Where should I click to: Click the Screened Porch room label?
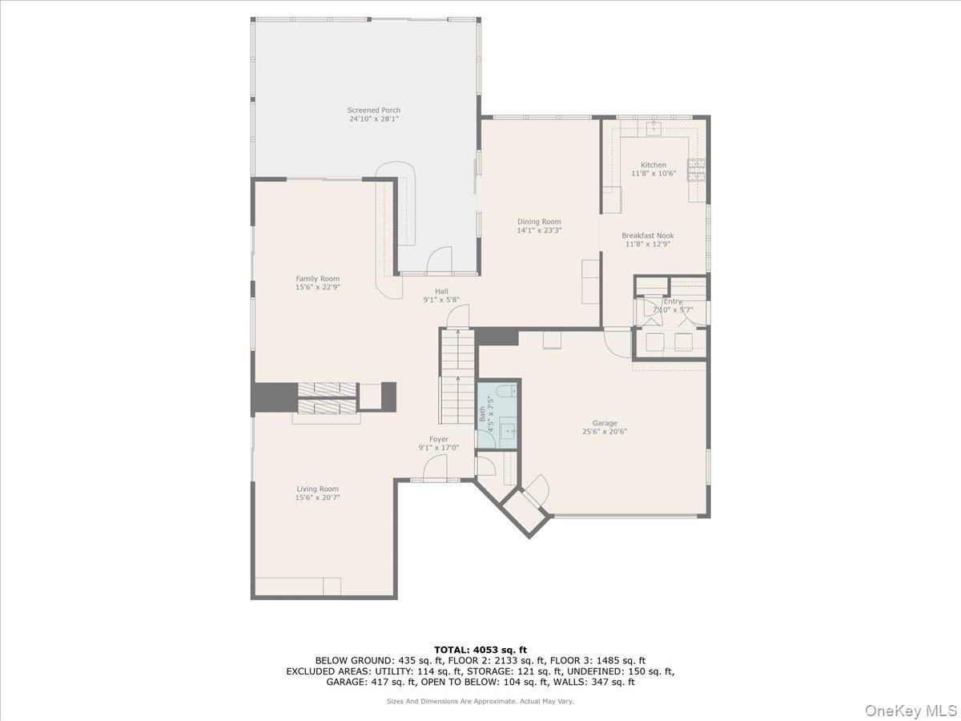(x=373, y=111)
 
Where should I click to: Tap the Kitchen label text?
(x=653, y=165)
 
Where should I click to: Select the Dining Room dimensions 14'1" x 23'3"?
(x=539, y=231)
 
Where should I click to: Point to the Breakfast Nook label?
(x=648, y=236)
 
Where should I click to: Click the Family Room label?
(x=318, y=279)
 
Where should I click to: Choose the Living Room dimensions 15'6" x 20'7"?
(x=318, y=497)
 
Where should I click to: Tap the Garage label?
(x=605, y=423)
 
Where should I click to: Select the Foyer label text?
(x=438, y=439)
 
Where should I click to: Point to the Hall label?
(x=441, y=292)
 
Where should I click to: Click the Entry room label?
(x=673, y=301)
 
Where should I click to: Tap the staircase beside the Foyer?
(x=457, y=377)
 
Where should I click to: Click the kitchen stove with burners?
(x=697, y=169)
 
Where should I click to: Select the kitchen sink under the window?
(x=654, y=126)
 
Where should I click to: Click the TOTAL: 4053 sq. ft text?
(x=480, y=650)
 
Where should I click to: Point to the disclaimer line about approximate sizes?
(x=480, y=701)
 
